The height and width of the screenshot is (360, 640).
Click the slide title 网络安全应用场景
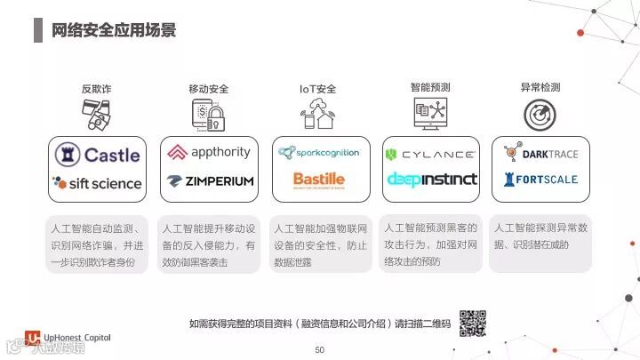point(113,29)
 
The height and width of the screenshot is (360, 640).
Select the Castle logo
point(97,155)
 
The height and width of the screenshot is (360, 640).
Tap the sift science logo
point(97,183)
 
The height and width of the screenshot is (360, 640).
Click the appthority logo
point(209,152)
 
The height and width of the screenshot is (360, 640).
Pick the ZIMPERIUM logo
point(210,180)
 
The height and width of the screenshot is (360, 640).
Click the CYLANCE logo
point(430,154)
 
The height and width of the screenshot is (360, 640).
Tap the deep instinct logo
point(431,179)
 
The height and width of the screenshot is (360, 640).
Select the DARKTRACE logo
point(540,154)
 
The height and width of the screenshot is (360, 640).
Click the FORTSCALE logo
point(540,179)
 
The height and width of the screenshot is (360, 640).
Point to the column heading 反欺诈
point(97,89)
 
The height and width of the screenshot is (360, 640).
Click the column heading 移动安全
point(209,89)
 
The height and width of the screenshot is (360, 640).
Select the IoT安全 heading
point(318,89)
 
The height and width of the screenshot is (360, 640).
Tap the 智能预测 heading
point(430,88)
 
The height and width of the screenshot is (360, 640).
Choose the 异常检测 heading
point(540,88)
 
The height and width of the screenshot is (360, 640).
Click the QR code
point(472,323)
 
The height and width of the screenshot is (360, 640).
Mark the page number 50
point(320,350)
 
